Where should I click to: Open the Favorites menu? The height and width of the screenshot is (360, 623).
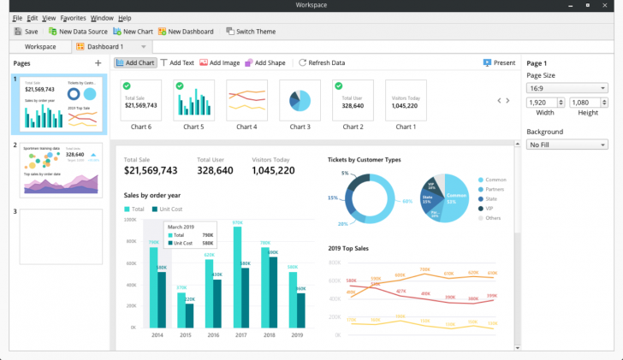tap(73, 18)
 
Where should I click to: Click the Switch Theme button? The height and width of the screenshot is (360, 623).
tap(251, 32)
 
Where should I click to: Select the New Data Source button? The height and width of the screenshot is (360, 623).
tap(77, 32)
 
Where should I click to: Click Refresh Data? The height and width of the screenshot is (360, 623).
tap(321, 62)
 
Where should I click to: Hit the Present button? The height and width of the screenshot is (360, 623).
tap(499, 62)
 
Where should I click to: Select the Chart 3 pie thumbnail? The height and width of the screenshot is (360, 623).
tap(300, 101)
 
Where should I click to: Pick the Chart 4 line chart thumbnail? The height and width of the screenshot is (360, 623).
tap(246, 101)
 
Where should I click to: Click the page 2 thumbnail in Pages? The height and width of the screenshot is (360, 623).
tap(61, 170)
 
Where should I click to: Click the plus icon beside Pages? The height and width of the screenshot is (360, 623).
tap(98, 63)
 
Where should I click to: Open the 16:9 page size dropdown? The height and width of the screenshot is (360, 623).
tap(567, 87)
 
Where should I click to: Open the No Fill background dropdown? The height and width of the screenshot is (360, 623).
tap(567, 145)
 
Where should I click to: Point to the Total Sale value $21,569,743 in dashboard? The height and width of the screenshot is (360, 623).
tap(151, 171)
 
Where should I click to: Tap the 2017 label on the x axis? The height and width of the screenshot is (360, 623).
tap(241, 335)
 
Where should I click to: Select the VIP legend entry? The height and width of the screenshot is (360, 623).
tap(490, 208)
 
